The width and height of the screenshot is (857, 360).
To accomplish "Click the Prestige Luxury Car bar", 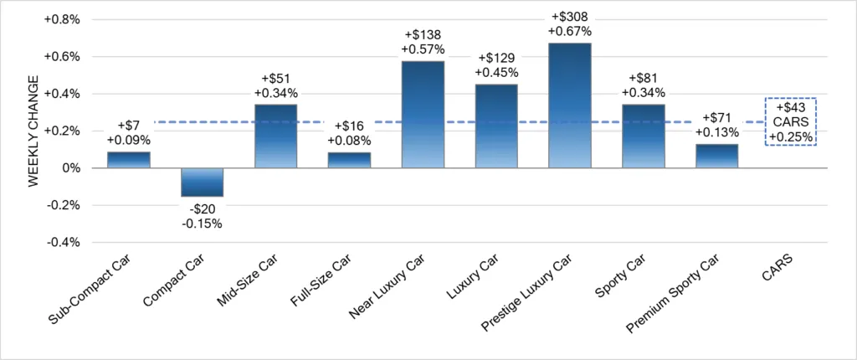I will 569,105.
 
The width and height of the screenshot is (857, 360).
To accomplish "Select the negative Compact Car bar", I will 202,183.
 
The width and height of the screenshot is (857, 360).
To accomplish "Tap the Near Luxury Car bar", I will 423,115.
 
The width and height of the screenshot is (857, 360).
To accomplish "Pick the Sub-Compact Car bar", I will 128,160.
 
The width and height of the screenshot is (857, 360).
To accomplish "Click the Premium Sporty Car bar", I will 717,156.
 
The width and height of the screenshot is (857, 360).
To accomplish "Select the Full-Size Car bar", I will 349,160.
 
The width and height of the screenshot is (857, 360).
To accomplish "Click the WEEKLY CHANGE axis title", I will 34,131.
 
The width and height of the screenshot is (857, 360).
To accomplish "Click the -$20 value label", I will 202,208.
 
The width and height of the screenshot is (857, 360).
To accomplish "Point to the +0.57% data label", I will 423,52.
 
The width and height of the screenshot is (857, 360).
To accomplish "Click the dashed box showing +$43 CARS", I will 790,121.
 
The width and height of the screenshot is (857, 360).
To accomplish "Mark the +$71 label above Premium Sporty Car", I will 717,118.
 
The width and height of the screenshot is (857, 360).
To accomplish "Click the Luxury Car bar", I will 496,126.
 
